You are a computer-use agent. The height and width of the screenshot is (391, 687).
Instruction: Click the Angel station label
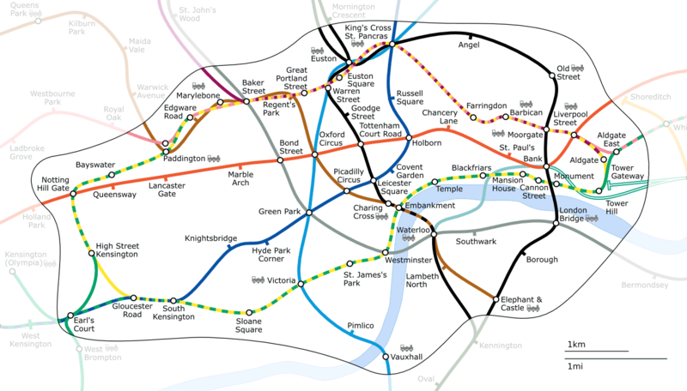[x=470, y=45]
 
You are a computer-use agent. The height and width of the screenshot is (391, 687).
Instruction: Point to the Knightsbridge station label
[x=210, y=238]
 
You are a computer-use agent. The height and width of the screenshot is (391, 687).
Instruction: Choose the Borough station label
[x=542, y=259]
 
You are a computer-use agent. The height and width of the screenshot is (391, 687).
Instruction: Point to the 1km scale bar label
[x=575, y=345]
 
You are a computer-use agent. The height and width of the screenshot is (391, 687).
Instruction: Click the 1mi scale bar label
[x=575, y=366]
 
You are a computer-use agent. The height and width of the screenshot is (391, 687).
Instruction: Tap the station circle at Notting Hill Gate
[x=73, y=194]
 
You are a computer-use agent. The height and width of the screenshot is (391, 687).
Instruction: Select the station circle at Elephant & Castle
[x=495, y=298]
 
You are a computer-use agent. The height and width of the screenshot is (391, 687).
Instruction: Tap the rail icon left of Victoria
[x=258, y=280]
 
